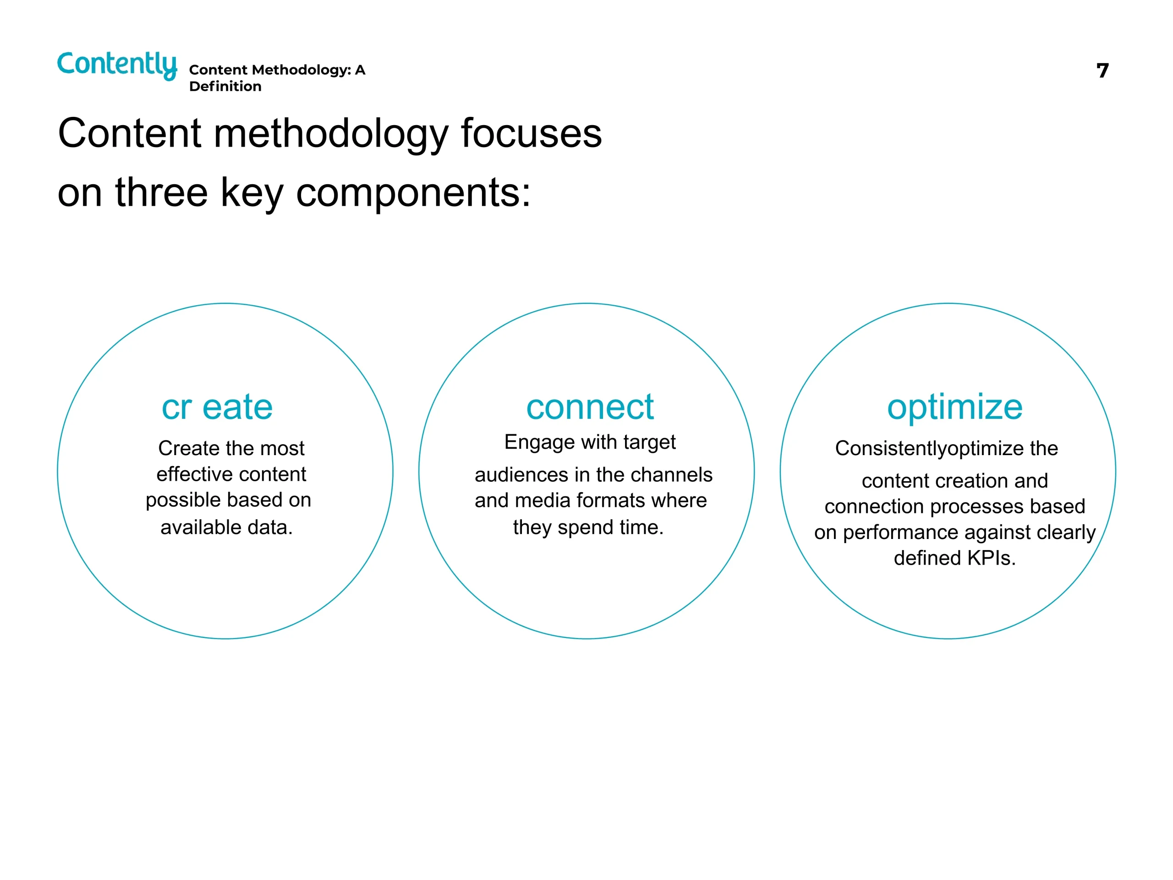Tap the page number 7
pyautogui.click(x=1102, y=71)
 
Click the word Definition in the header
pyautogui.click(x=225, y=87)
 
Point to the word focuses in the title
pyautogui.click(x=532, y=132)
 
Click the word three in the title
pyautogui.click(x=162, y=192)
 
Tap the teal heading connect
pyautogui.click(x=590, y=407)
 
